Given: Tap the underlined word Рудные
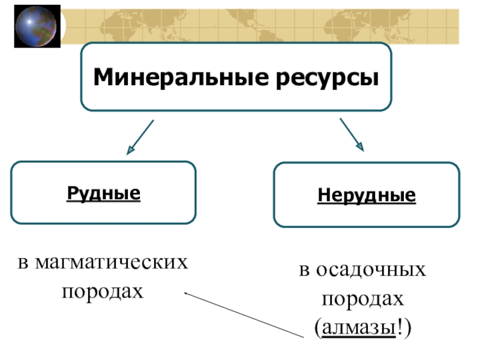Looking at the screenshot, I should pos(103,193).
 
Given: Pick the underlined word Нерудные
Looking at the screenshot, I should pos(366,196).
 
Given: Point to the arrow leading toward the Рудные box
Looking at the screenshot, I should pos(140,136).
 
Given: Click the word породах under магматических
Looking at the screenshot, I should pos(103,291).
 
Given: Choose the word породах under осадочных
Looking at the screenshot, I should pos(364,298).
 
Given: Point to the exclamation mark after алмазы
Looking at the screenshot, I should pos(401,328).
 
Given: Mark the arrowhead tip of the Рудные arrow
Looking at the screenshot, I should pos(128,154).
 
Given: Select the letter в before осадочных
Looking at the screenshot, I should pos(305,271).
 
